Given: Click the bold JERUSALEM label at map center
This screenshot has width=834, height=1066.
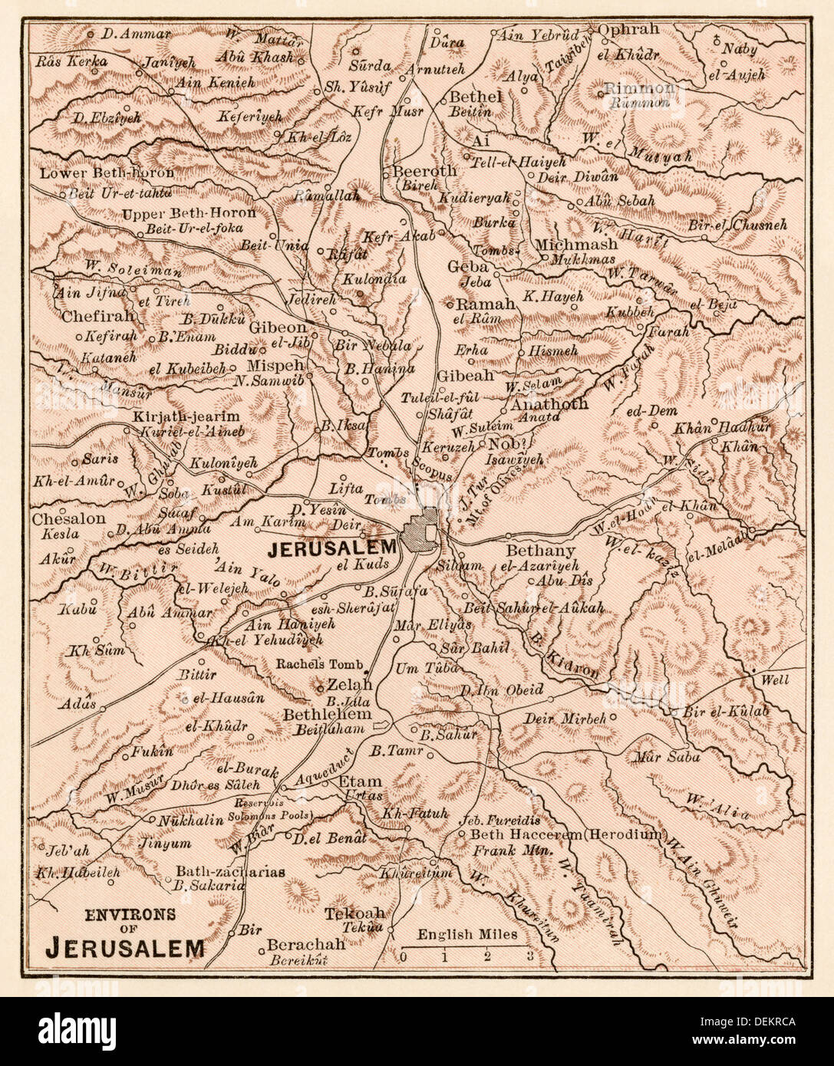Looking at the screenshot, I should click(332, 548).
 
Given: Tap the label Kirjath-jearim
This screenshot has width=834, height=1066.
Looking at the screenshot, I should click(176, 416).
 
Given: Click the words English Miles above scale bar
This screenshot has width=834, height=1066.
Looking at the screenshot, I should click(467, 935).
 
